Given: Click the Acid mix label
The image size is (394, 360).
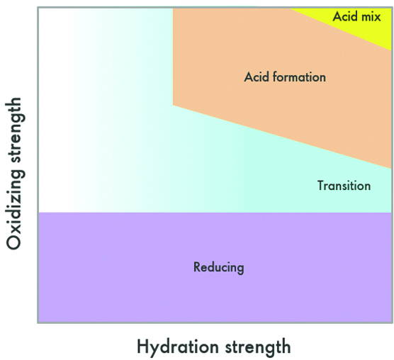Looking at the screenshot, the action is click(357, 16).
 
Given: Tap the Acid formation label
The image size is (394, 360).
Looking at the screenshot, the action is click(285, 77).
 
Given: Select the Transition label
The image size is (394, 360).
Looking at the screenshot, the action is click(344, 186).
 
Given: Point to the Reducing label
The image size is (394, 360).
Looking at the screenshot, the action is click(218, 267).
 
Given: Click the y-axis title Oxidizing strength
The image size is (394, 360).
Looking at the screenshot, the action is click(16, 174).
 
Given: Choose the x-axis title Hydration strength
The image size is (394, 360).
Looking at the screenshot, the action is click(214, 347).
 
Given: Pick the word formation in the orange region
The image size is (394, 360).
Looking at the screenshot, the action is click(299, 77).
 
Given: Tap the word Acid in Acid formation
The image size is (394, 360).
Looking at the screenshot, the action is click(257, 77).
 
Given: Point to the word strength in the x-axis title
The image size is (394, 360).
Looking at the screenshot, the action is click(258, 347).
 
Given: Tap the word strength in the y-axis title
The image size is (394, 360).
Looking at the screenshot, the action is click(16, 130).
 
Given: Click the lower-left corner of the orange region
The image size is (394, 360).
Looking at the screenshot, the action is click(173, 106).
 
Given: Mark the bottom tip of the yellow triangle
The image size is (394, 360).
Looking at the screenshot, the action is click(391, 51).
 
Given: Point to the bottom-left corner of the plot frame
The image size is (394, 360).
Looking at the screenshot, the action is click(38, 323).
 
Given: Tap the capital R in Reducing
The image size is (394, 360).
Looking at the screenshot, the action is click(197, 266).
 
